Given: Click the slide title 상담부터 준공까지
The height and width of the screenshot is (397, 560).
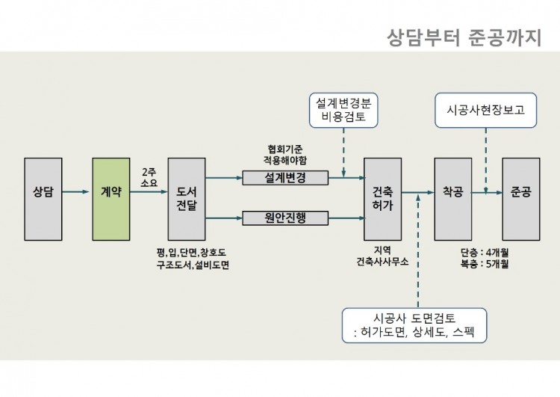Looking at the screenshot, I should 464,37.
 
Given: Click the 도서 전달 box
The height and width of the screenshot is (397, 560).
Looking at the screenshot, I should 186,198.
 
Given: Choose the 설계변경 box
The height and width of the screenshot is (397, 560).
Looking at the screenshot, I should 285,177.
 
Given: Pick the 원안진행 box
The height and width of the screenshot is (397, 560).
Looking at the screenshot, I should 285,218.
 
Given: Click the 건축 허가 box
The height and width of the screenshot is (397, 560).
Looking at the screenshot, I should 382,198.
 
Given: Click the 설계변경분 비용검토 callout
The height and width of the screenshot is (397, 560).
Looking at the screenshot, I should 344,109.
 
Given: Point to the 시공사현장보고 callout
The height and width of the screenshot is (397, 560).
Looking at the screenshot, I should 485,109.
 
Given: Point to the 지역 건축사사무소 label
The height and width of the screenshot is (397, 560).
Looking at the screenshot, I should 382,256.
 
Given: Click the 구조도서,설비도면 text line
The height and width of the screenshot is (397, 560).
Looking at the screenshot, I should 192,265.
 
